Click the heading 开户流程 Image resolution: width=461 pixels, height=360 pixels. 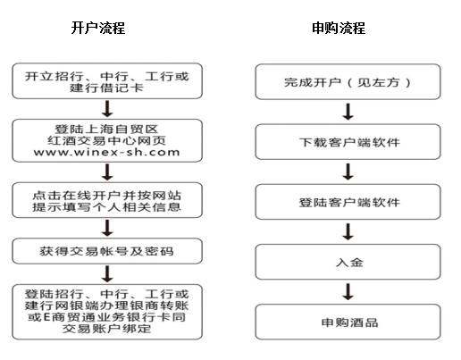pyautogui.click(x=98, y=28)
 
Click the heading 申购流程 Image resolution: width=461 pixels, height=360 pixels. pyautogui.click(x=339, y=28)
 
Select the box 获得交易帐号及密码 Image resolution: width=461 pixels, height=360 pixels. pyautogui.click(x=107, y=251)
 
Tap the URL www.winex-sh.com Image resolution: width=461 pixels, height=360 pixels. pyautogui.click(x=106, y=152)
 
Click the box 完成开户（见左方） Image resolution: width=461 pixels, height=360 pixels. pyautogui.click(x=348, y=81)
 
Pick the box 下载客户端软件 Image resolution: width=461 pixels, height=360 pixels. pyautogui.click(x=348, y=142)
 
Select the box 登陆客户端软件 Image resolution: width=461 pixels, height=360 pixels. pyautogui.click(x=348, y=202)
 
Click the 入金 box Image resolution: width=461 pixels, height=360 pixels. pyautogui.click(x=348, y=262)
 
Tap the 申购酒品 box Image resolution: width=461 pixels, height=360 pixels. pyautogui.click(x=348, y=322)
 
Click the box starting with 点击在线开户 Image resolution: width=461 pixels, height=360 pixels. pyautogui.click(x=107, y=200)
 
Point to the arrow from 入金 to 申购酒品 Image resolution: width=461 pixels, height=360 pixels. pyautogui.click(x=348, y=291)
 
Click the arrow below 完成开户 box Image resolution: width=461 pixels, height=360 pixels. pyautogui.click(x=348, y=112)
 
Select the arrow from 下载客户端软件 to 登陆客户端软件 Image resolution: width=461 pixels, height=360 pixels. pyautogui.click(x=348, y=172)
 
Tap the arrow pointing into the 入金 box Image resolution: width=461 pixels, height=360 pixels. pyautogui.click(x=348, y=231)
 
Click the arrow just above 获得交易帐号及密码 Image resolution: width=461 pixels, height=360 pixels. pyautogui.click(x=107, y=228)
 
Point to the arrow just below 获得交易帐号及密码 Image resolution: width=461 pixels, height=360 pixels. pyautogui.click(x=107, y=274)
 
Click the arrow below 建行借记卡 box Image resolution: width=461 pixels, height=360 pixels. pyautogui.click(x=107, y=109)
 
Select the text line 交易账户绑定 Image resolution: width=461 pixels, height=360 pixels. pyautogui.click(x=106, y=329)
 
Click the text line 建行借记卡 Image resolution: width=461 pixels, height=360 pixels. pyautogui.click(x=106, y=88)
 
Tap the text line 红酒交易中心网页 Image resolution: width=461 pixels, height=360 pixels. pyautogui.click(x=106, y=140)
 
